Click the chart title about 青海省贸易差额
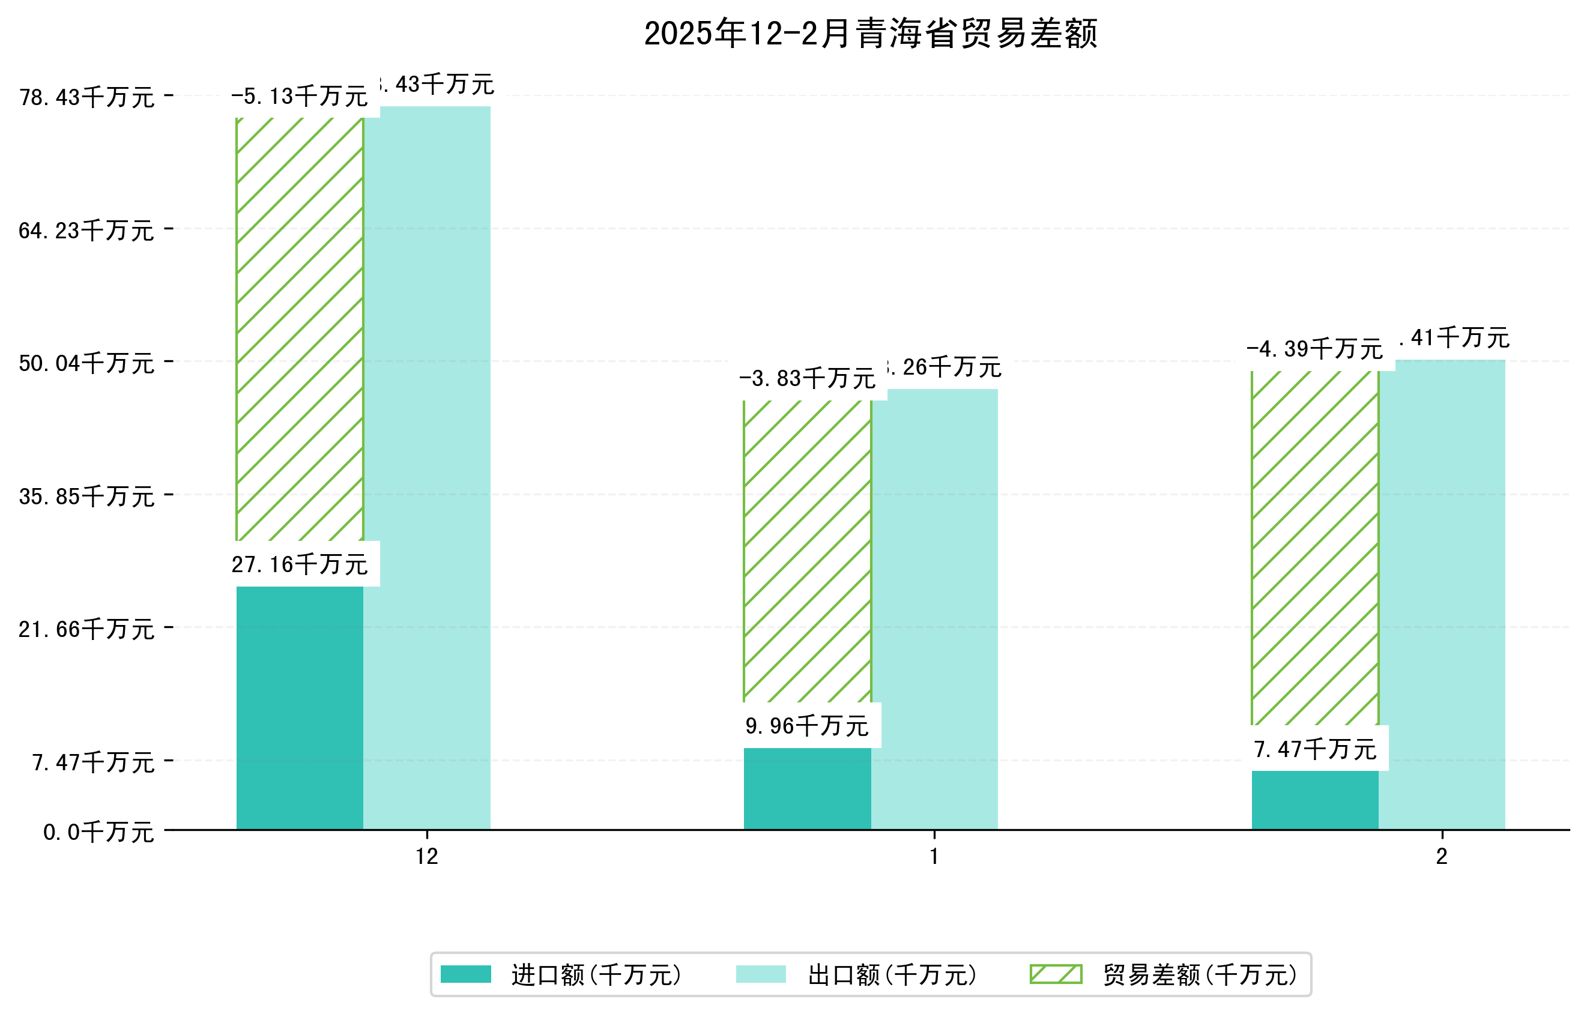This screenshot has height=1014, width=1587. pyautogui.click(x=870, y=34)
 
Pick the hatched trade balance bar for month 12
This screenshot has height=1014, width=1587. pyautogui.click(x=300, y=330)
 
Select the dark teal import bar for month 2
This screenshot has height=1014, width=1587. pyautogui.click(x=1315, y=800)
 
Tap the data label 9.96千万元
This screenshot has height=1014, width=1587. pyautogui.click(x=808, y=726)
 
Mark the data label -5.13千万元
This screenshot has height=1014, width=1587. pyautogui.click(x=300, y=97)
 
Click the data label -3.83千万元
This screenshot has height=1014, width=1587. pyautogui.click(x=808, y=379)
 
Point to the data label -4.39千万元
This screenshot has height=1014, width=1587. pyautogui.click(x=1315, y=349)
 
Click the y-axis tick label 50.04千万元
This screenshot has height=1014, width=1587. pyautogui.click(x=86, y=363)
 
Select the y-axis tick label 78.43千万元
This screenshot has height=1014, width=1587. pyautogui.click(x=86, y=97)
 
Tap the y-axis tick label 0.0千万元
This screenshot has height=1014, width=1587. pyautogui.click(x=98, y=832)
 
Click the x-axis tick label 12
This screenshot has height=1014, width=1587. pyautogui.click(x=427, y=857)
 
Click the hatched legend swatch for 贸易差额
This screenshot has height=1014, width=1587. pyautogui.click(x=1056, y=974)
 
